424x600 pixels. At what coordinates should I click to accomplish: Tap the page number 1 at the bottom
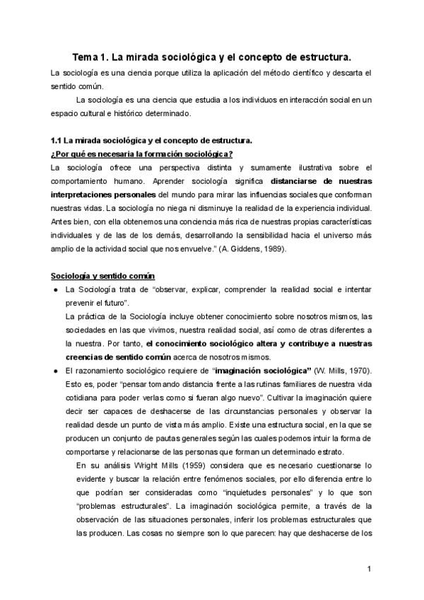coord(369,569)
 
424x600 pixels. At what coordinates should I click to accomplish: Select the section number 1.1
coord(57,141)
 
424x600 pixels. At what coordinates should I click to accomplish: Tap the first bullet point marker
coord(54,290)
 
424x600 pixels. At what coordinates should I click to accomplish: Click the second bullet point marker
coord(54,371)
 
